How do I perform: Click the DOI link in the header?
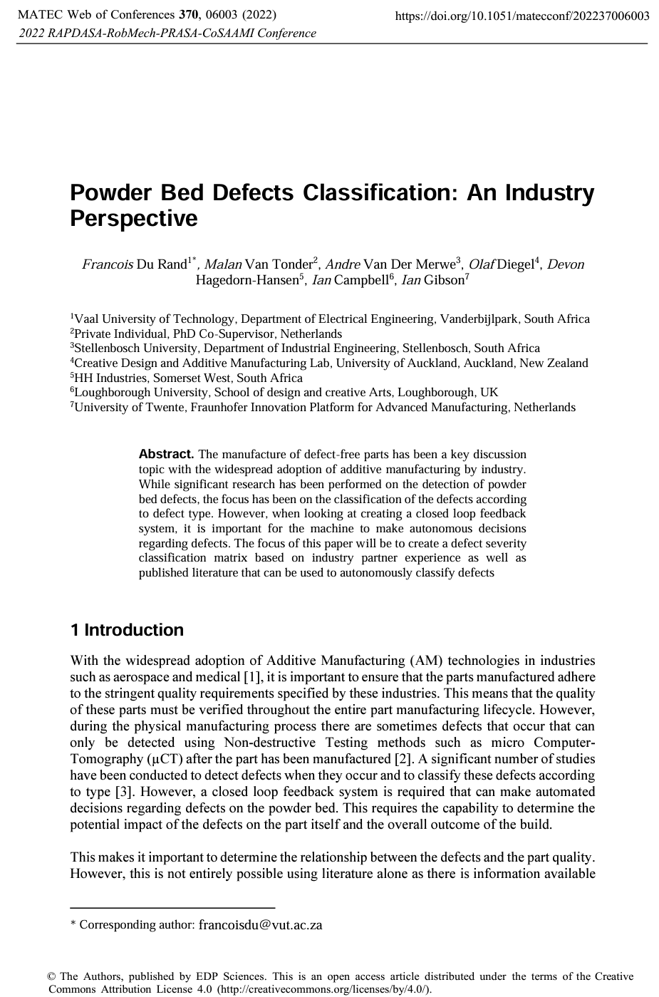522,16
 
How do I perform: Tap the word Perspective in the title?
133,218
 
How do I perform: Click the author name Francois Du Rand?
135,265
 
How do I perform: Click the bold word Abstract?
166,454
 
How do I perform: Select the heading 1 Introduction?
127,630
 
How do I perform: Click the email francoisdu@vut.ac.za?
260,925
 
